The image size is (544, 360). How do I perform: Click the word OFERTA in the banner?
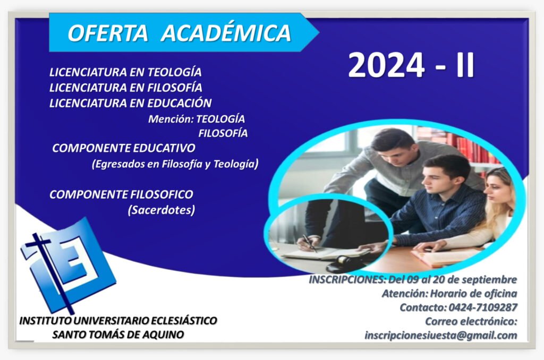pyautogui.click(x=108, y=33)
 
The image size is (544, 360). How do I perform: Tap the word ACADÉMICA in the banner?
pyautogui.click(x=226, y=33)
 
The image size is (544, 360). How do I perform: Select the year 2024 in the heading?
pyautogui.click(x=387, y=65)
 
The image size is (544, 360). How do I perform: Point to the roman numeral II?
pyautogui.click(x=465, y=65)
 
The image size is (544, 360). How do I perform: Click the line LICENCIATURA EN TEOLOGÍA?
pyautogui.click(x=125, y=72)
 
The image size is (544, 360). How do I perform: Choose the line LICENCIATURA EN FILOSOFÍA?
pyautogui.click(x=125, y=88)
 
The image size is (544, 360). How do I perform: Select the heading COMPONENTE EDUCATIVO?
pyautogui.click(x=123, y=148)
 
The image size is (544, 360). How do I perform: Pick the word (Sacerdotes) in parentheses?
pyautogui.click(x=161, y=210)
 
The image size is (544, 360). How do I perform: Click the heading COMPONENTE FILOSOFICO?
pyautogui.click(x=121, y=194)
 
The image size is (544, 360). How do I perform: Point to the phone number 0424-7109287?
pyautogui.click(x=482, y=307)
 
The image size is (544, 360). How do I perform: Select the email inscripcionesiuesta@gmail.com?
pyautogui.click(x=440, y=336)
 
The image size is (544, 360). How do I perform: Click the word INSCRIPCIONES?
pyautogui.click(x=347, y=279)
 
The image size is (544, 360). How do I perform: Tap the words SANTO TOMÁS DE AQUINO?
pyautogui.click(x=118, y=335)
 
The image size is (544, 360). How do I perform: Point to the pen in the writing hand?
pyautogui.click(x=310, y=243)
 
